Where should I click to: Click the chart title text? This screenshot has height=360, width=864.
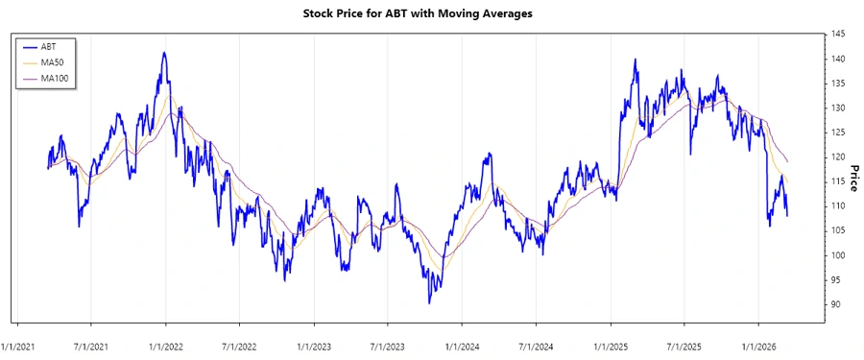[430, 13]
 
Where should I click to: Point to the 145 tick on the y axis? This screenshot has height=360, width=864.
[838, 35]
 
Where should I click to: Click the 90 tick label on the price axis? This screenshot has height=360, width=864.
[835, 304]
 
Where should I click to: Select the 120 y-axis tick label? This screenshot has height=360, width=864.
[838, 157]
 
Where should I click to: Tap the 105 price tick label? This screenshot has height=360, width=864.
[838, 230]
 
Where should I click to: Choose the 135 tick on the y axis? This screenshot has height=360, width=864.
[838, 84]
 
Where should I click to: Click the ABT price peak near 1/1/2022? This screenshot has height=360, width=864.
[164, 53]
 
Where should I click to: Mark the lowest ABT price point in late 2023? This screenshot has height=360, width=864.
[429, 303]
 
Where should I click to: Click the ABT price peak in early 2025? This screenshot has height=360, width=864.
[636, 60]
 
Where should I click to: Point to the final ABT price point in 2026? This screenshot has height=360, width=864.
[788, 215]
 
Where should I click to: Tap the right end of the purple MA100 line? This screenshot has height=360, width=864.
[788, 161]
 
